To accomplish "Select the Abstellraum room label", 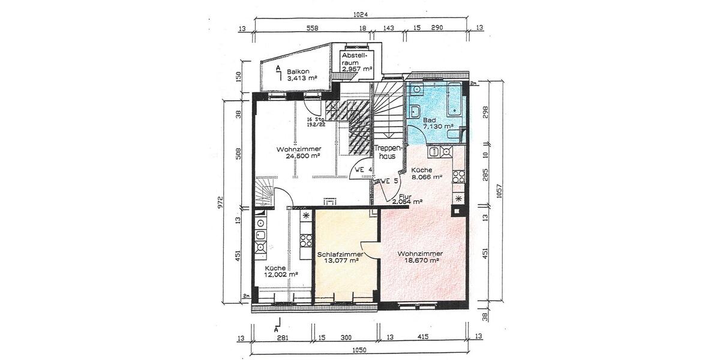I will coord(357,62).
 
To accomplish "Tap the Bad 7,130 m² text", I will coord(437,124).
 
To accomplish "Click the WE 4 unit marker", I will coord(364,170).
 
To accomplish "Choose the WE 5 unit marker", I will coord(389,181).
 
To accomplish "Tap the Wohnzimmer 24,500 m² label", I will coord(298,152).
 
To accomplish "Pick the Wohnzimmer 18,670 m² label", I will coord(418,257).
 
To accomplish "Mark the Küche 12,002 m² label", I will coord(280,271).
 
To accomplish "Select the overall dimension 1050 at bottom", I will coord(359,350).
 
